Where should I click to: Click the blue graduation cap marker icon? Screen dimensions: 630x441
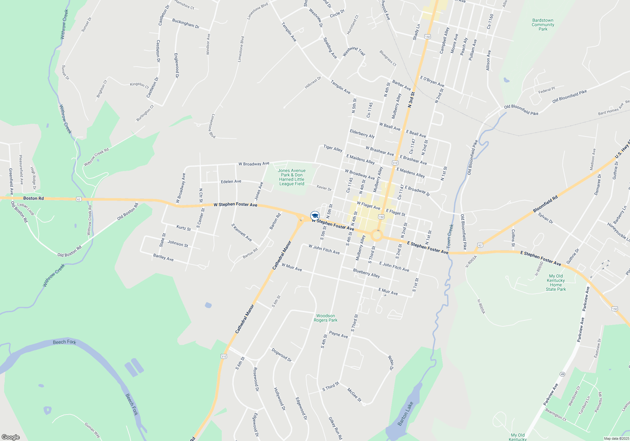click(x=315, y=216)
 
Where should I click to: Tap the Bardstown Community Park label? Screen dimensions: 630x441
click(x=543, y=25)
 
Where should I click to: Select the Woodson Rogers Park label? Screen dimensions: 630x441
click(x=325, y=318)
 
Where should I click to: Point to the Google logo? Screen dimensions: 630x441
click(x=10, y=437)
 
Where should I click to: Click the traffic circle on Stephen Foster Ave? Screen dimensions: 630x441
click(x=376, y=235)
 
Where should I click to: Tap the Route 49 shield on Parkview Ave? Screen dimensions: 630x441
click(x=562, y=374)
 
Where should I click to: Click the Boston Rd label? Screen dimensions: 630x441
click(x=33, y=198)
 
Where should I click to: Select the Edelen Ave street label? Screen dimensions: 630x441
click(x=231, y=181)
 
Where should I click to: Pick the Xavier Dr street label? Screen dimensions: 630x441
click(x=324, y=188)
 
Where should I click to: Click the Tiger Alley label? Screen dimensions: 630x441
click(x=333, y=148)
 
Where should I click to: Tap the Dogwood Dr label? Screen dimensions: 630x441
click(x=281, y=355)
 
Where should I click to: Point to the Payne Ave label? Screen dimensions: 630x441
click(x=338, y=335)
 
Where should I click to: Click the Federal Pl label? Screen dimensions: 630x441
click(x=547, y=90)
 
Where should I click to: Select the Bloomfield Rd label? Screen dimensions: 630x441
click(x=545, y=204)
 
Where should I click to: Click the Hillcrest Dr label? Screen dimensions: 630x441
click(x=313, y=82)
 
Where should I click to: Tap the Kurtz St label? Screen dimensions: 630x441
click(x=183, y=228)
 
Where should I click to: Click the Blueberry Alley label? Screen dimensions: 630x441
click(x=366, y=273)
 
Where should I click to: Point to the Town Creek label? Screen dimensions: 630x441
click(x=450, y=236)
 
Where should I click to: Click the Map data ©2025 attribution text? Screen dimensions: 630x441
click(x=616, y=438)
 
